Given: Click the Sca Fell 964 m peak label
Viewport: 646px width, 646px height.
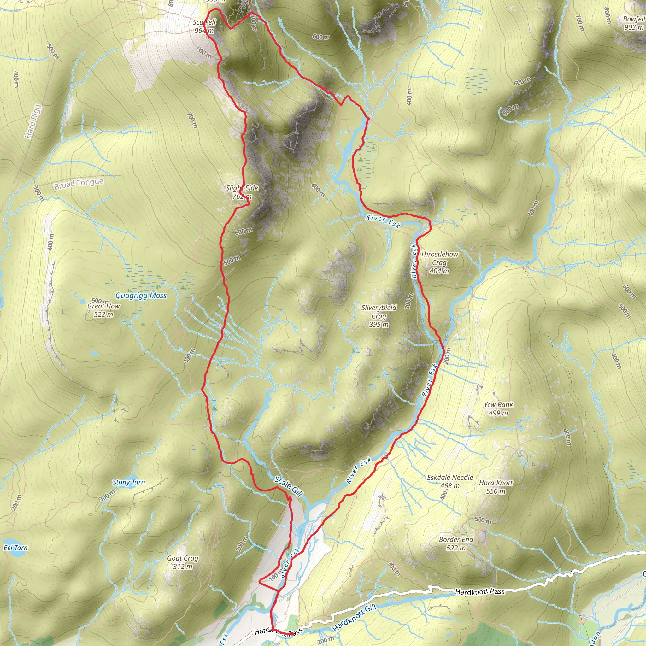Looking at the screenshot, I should [x=204, y=26].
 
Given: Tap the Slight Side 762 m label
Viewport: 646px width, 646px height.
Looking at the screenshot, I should [x=242, y=192].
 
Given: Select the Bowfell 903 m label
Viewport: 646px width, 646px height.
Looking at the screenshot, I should [x=633, y=23].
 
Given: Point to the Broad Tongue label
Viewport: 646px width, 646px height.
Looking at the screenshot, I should [x=79, y=184].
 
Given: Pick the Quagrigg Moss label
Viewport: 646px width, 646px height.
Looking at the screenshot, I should [x=141, y=296].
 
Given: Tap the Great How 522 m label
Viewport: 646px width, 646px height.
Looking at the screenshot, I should [x=103, y=310].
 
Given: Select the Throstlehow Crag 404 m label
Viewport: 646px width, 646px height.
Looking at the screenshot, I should [x=439, y=262].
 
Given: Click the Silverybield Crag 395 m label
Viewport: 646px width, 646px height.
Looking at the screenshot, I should [x=379, y=316].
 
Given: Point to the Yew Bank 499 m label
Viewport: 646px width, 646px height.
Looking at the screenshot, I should [x=498, y=408].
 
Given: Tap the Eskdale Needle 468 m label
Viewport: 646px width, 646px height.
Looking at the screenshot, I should [x=450, y=481].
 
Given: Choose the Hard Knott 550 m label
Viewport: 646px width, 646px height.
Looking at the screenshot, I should [x=496, y=487].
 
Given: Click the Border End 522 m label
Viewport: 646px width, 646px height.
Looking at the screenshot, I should [x=456, y=544].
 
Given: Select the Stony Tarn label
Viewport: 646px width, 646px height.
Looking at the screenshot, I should [x=128, y=482].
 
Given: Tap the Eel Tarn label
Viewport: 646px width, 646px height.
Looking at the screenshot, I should [x=15, y=548].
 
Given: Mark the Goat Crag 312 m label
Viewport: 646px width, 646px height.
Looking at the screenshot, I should [x=183, y=562].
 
